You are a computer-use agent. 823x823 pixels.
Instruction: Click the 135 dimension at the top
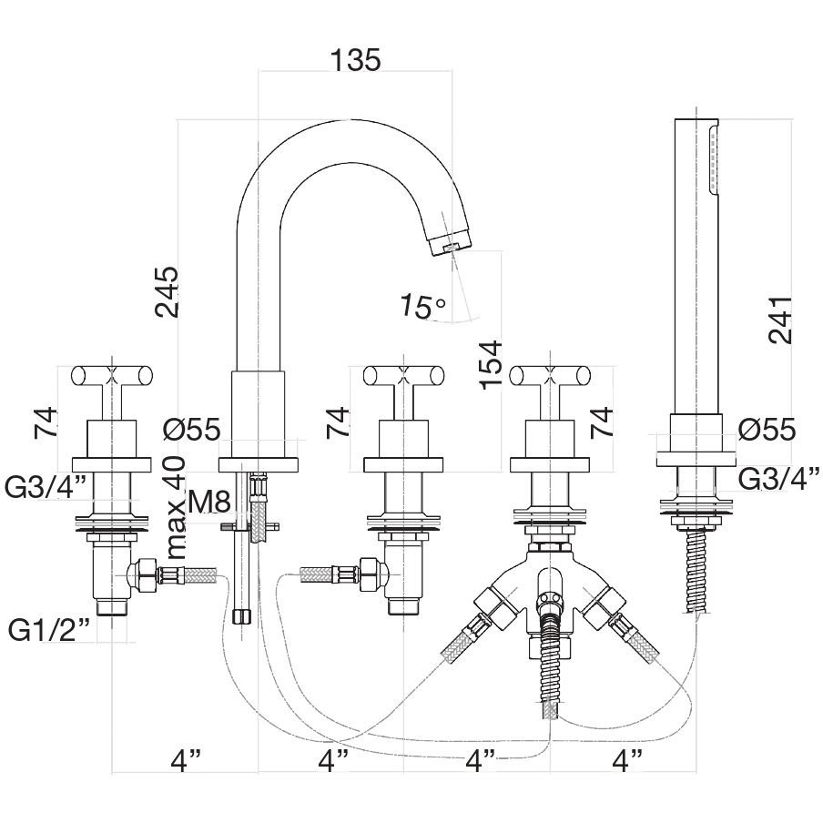[x=355, y=59]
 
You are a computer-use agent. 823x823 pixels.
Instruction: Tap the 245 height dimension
[x=167, y=292]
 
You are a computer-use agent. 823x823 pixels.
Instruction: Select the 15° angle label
[x=423, y=306]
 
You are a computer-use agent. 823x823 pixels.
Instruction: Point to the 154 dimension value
[x=492, y=365]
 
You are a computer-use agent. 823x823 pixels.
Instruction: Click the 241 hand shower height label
[x=780, y=320]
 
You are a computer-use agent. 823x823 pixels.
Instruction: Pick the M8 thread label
[x=209, y=502]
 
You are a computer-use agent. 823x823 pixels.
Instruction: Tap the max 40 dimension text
[x=177, y=508]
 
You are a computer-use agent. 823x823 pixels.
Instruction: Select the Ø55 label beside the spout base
[x=191, y=431]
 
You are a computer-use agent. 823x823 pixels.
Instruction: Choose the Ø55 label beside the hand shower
[x=767, y=431]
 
